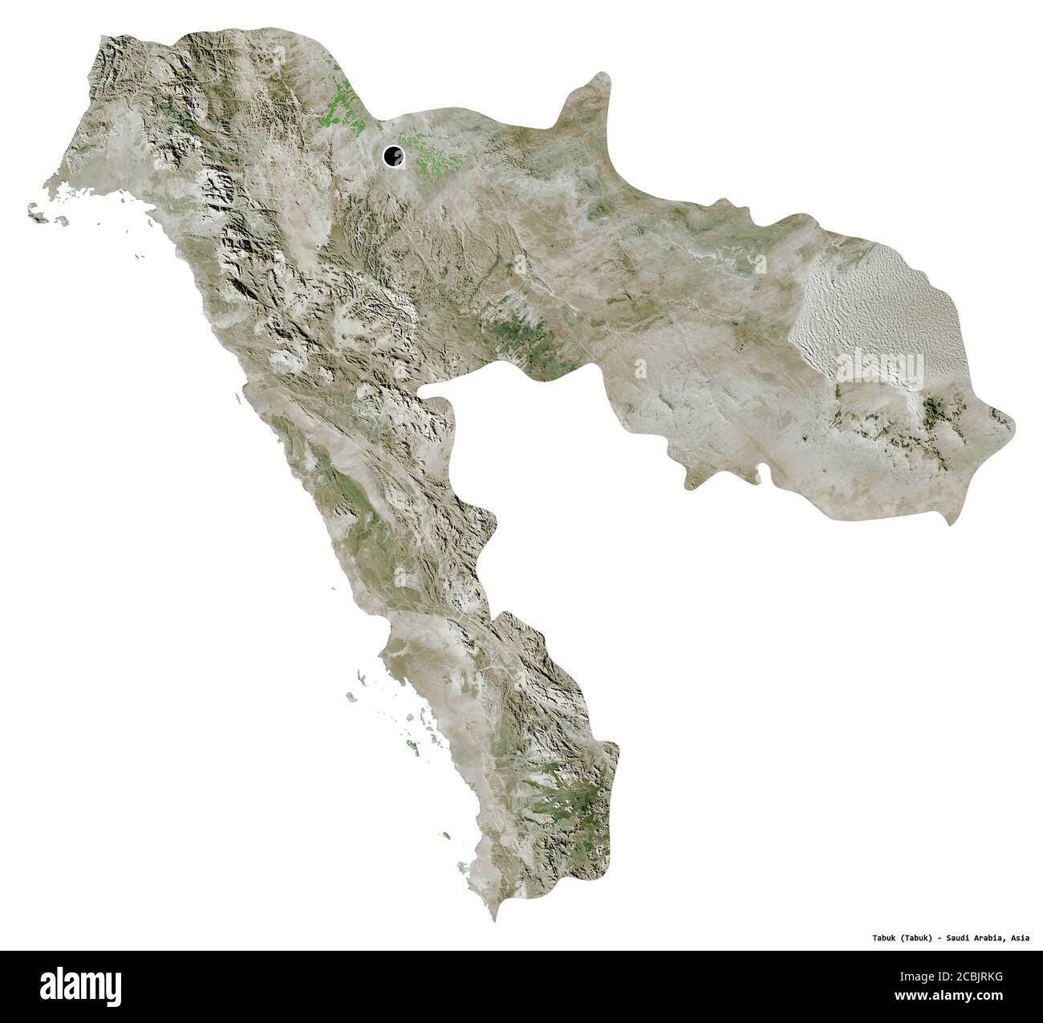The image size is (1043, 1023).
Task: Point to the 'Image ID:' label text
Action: coord(923,980)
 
